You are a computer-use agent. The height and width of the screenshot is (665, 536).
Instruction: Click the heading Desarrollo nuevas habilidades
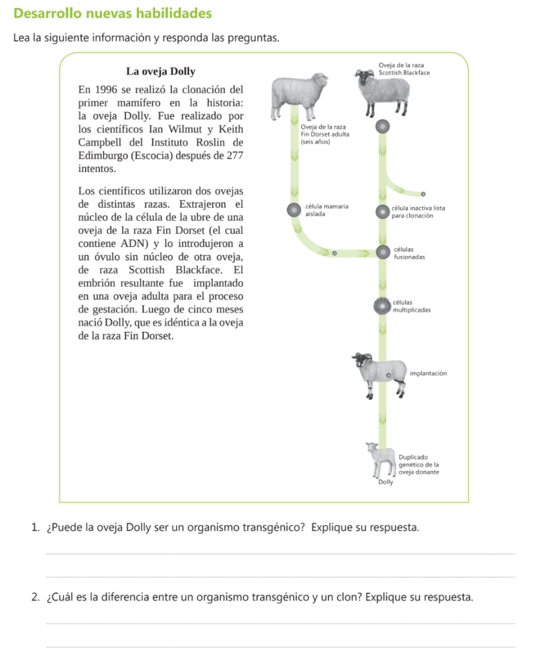[112, 13]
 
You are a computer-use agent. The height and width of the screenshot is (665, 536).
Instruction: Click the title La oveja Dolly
[160, 71]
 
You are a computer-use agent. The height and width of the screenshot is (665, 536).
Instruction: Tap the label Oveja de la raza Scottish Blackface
[403, 69]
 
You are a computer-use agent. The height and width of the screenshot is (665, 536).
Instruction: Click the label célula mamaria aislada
[326, 209]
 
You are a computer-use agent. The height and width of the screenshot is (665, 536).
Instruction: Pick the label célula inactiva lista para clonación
[418, 212]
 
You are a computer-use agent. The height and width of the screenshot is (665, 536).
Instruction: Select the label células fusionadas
[409, 253]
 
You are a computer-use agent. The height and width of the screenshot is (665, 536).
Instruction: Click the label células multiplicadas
[412, 307]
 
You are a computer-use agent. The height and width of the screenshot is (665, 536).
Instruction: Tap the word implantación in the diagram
[428, 373]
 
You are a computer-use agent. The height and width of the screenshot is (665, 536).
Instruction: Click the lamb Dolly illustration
[381, 458]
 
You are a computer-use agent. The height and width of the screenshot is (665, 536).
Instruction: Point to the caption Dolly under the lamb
[385, 483]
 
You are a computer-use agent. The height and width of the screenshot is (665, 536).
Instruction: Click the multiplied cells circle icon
[383, 305]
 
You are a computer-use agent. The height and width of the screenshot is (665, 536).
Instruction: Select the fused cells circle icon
[383, 251]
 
